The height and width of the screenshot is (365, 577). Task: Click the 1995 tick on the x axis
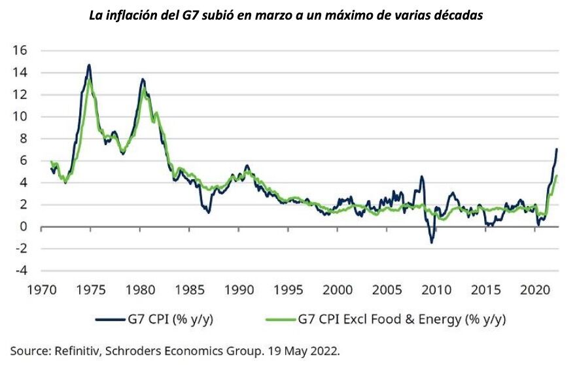(288, 288)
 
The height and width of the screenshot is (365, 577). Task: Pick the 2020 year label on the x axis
(536, 288)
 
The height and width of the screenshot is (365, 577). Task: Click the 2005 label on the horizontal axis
(388, 288)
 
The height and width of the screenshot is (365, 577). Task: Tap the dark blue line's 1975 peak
(89, 65)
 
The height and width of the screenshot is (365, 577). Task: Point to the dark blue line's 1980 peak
(142, 79)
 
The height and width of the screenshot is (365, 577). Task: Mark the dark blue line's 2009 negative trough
(432, 243)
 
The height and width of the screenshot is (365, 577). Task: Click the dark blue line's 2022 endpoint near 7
(557, 149)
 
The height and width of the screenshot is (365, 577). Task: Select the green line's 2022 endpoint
(556, 176)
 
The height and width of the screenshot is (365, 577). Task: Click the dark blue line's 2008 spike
(422, 177)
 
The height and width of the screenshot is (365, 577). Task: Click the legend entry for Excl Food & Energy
(403, 319)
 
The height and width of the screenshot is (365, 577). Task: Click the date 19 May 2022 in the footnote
(305, 350)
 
